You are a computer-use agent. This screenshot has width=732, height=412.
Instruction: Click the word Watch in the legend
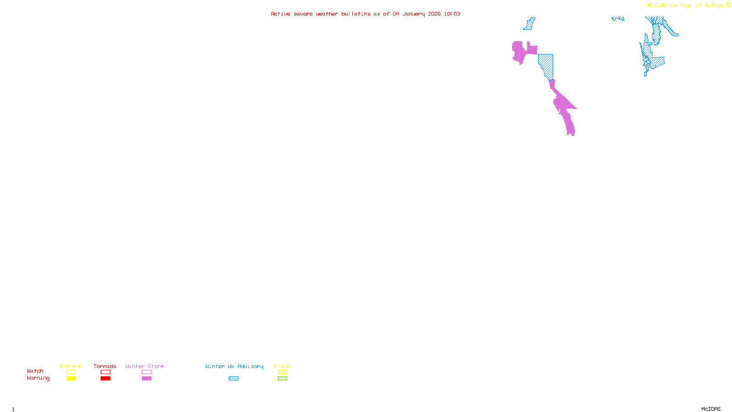coord(35,371)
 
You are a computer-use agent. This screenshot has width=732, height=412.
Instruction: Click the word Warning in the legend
coord(38,378)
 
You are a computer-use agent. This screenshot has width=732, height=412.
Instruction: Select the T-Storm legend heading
coord(70,366)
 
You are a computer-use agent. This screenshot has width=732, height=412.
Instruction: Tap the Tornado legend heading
coord(105,366)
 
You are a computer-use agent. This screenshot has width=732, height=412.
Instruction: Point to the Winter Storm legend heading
coord(145,366)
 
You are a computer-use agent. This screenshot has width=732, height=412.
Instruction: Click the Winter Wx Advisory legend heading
coord(234,366)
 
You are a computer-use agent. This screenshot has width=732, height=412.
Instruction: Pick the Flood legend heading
coord(282,366)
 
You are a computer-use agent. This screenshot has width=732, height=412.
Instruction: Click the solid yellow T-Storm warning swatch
coord(71,379)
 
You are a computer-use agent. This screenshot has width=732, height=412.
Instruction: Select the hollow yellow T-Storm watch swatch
coord(71,372)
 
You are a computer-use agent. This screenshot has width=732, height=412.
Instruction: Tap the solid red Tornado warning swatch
coord(106,379)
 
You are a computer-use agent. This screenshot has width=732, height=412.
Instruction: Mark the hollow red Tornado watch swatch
coord(106,372)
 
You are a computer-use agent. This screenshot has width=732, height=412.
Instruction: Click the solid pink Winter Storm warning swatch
coord(146,379)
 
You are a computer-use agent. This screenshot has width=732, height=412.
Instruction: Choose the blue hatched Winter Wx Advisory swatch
coord(233,379)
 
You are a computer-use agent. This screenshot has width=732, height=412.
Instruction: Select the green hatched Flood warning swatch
coord(282,379)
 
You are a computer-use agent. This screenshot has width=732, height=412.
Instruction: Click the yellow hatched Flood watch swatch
coord(282,372)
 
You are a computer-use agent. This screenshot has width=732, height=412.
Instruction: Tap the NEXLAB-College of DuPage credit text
coord(686,5)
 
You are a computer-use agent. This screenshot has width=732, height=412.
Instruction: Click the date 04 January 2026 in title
coord(416,14)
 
